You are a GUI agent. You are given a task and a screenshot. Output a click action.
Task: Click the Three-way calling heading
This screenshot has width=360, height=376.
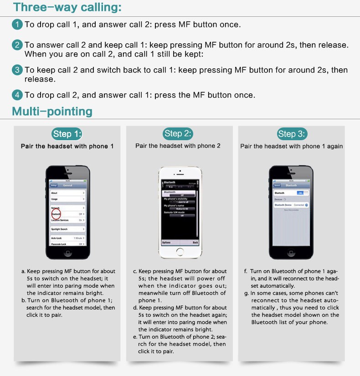pos(67,7)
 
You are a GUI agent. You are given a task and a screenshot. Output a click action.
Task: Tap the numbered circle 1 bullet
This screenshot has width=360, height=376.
pos(17,25)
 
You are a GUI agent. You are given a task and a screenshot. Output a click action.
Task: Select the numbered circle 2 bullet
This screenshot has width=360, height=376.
pos(17,45)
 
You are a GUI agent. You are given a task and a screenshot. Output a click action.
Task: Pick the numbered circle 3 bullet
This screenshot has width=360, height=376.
pos(17,70)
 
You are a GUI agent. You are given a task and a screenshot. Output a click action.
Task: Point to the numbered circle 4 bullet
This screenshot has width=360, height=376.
pos(17,95)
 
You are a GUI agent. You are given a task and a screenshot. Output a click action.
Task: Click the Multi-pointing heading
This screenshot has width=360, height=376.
pos(52,111)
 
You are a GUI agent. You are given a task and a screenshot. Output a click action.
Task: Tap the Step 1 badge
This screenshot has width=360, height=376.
pos(67,134)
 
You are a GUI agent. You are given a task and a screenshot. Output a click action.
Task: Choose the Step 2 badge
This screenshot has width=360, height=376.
pos(178,133)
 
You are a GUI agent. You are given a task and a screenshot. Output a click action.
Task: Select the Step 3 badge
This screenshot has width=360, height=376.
pos(292,134)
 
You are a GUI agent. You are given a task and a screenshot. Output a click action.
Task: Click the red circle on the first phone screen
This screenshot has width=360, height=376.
pos(56,213)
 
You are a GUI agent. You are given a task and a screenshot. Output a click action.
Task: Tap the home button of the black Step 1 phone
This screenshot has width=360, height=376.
pos(67,253)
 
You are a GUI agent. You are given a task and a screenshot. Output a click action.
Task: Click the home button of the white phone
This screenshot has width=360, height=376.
pos(180,253)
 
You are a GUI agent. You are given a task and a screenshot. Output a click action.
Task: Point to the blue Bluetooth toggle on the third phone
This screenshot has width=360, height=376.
pos(299,193)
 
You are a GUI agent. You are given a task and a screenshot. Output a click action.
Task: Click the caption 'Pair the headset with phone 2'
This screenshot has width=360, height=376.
pos(178,146)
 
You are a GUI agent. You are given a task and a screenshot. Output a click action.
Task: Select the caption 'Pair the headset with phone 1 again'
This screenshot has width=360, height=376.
pos(292,146)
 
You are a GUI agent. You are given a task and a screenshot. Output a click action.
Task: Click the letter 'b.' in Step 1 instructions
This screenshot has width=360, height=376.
pos(24,300)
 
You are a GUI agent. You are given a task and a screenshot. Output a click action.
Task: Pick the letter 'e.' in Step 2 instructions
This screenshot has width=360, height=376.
pos(135,337)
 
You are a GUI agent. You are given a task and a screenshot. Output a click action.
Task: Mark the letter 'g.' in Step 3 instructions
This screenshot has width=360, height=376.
pos(246,293)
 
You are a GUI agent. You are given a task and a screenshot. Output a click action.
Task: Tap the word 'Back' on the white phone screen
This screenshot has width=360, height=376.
pos(195,243)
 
